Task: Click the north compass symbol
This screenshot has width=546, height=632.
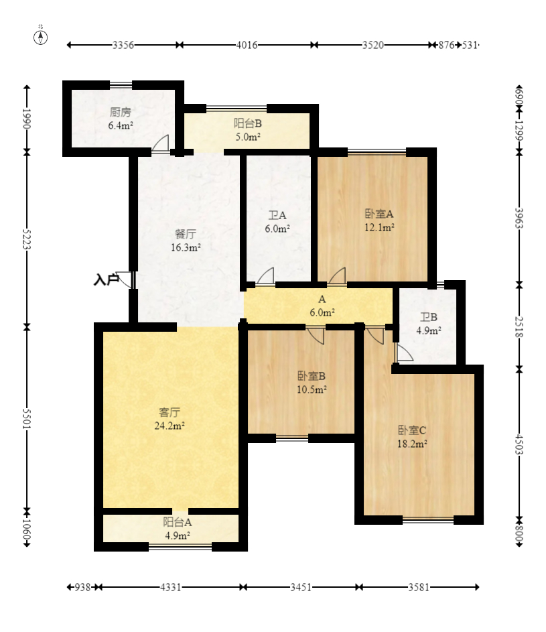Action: point(40,37)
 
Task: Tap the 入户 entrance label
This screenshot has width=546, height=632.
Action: point(106,279)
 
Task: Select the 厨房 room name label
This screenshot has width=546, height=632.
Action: point(120,112)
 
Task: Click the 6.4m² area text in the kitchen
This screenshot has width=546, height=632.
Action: point(121,125)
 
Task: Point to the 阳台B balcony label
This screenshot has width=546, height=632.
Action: point(247,123)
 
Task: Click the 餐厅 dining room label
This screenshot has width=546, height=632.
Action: point(186,234)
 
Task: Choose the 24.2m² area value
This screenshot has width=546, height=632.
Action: point(169,426)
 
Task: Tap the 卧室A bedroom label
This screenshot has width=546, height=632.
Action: point(379,214)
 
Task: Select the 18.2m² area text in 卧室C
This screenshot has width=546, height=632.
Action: point(412,444)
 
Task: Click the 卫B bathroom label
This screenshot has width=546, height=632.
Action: point(428,317)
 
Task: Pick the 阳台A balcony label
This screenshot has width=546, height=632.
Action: point(178,522)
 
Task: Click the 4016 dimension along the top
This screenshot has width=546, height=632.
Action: point(247,45)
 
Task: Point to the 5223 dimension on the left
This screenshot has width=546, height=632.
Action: point(27,239)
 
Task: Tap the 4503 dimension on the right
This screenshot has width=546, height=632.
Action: point(519,444)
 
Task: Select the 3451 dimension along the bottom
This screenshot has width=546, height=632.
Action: point(301,587)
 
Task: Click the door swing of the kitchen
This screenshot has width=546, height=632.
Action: point(160,143)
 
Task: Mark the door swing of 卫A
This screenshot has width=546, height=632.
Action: point(265,276)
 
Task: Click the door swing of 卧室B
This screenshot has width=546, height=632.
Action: point(316,336)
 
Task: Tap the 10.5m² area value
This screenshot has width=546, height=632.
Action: point(312,389)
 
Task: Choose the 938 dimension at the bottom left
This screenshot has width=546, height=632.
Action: point(82,587)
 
